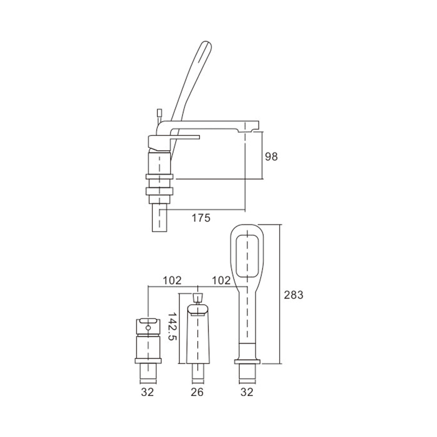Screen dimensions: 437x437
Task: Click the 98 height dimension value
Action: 271,157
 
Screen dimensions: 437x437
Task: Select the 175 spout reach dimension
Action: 201,217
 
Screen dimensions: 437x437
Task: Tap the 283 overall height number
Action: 293,294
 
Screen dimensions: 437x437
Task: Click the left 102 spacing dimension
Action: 172,280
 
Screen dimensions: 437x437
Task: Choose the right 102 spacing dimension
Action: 221,280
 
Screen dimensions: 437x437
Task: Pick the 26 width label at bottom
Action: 197,392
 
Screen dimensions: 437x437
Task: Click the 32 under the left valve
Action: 147,392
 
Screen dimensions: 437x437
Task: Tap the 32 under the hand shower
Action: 247,392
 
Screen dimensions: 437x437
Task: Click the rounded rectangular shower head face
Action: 247,256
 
